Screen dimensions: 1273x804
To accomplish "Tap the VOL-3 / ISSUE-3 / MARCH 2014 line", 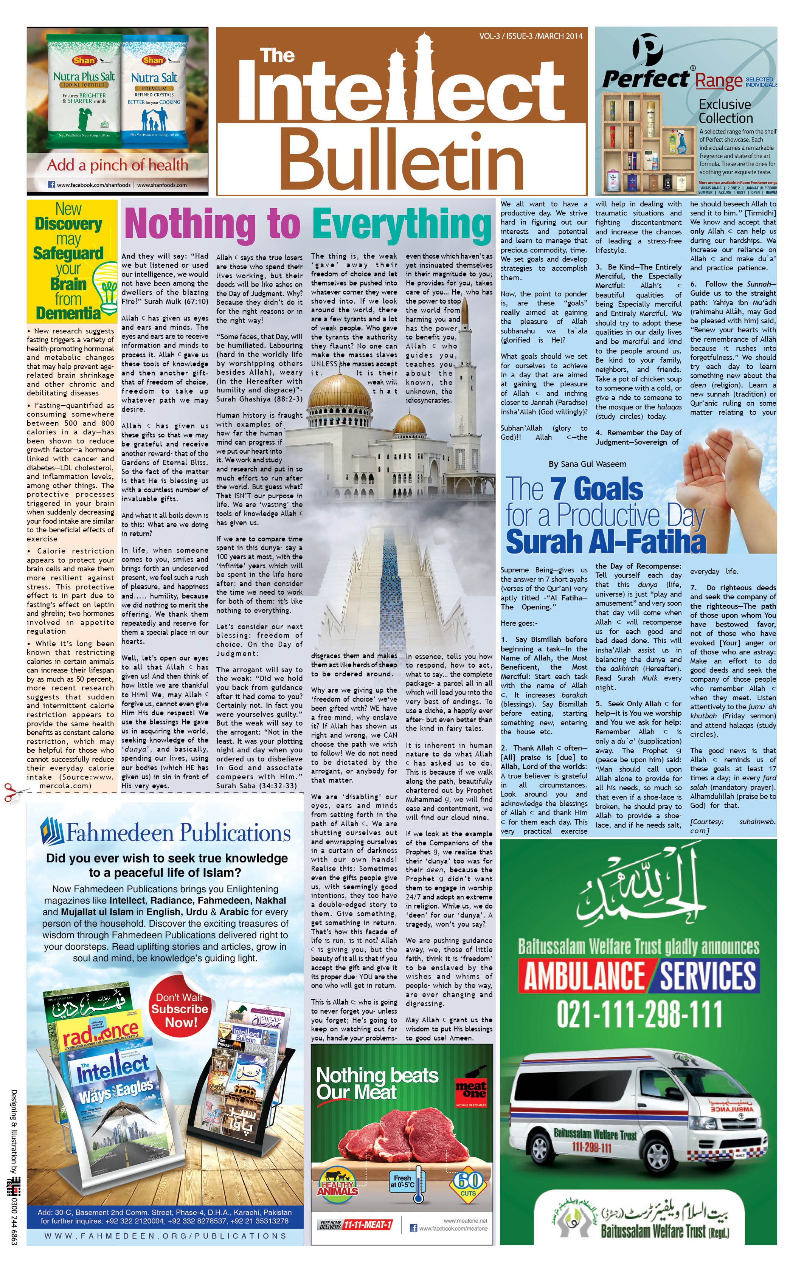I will tap(531, 36).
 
